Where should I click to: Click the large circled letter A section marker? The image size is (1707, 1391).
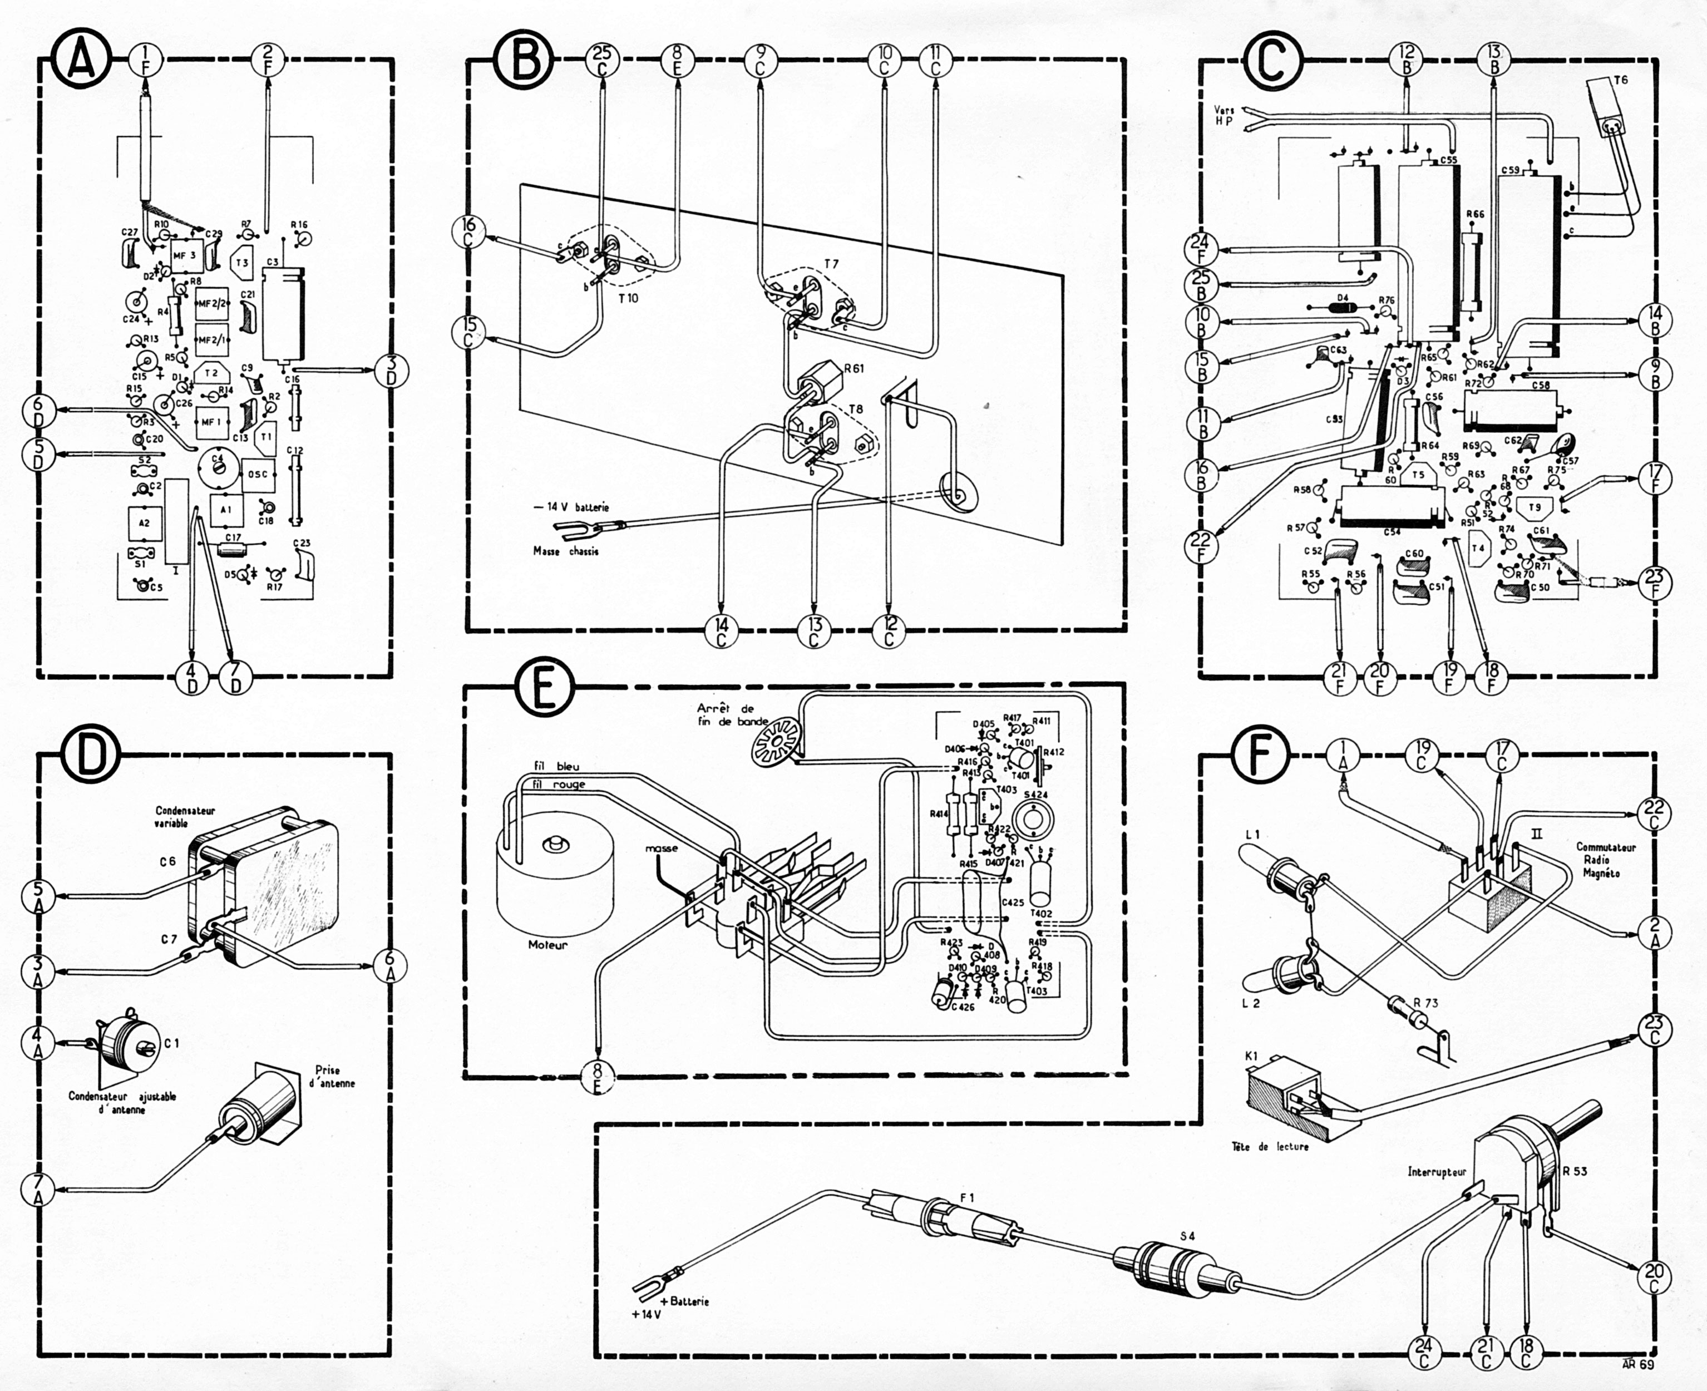point(81,61)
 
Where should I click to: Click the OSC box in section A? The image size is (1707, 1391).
point(258,475)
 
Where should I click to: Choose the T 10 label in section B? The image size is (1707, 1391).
point(629,298)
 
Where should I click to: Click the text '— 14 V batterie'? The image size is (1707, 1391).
point(571,507)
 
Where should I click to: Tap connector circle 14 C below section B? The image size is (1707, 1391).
point(722,632)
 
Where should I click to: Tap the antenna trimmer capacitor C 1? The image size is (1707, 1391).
point(120,1043)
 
